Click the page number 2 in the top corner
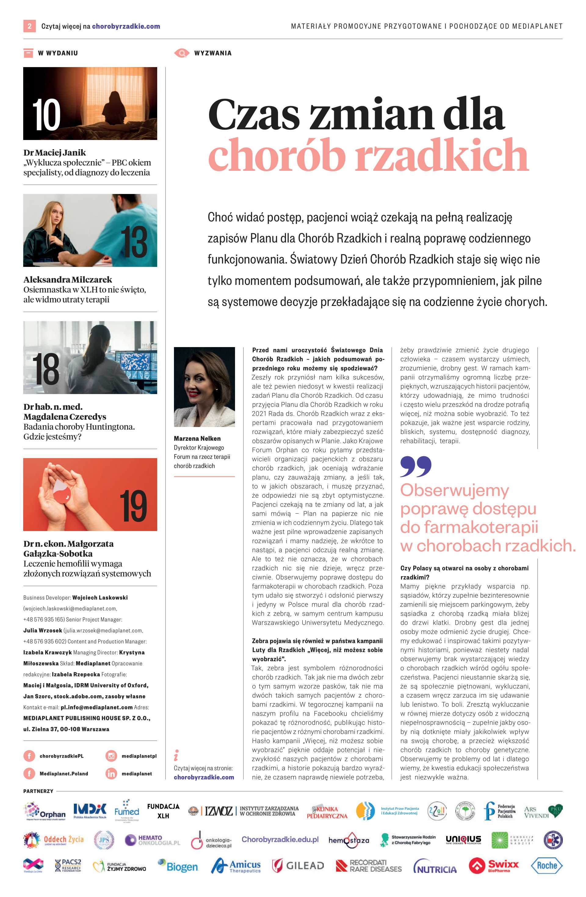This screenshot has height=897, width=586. coord(29,26)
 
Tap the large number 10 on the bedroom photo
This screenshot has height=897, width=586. coord(46,115)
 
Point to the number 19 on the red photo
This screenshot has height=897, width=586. coord(133,506)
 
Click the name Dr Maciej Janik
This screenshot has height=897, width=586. coord(55,152)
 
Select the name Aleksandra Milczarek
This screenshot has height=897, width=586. coord(68,280)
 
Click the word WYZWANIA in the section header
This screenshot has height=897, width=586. coord(213,53)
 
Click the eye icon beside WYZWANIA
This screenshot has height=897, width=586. coord(182,53)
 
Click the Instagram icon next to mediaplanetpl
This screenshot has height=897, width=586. coord(111,756)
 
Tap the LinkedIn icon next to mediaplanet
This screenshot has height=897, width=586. coord(111,773)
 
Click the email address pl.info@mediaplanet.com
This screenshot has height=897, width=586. coord(96,707)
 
